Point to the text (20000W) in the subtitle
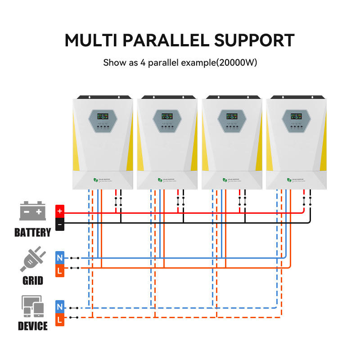point(237,63)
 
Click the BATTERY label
point(32,233)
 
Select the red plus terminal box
point(60,211)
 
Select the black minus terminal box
point(60,224)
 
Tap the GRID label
point(32,281)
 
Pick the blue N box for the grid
point(60,257)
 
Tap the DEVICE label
point(32,326)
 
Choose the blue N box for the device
point(60,307)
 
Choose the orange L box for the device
point(60,319)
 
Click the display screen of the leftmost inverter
point(103,116)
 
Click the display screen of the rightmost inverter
point(296,116)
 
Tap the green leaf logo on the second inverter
point(160,180)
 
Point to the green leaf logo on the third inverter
point(224,180)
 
